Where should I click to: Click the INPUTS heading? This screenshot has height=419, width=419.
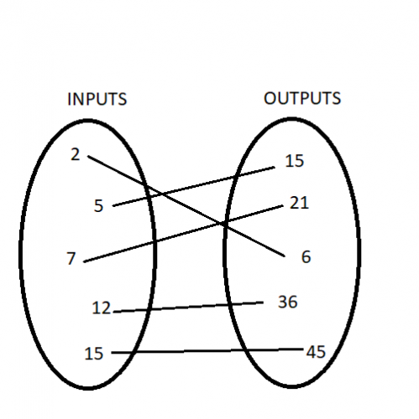coord(97,99)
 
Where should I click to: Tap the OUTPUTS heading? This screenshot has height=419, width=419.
coord(302,98)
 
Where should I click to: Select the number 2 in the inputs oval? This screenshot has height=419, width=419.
coord(75,154)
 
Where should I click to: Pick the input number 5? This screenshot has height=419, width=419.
coord(98,206)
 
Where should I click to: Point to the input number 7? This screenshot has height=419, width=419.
coord(71,258)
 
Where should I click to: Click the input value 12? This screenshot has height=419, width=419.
coord(102,308)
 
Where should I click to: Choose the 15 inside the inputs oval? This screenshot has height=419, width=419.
coord(94,353)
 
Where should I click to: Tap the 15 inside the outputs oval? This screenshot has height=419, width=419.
coord(294,161)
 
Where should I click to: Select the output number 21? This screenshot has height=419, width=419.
coord(299,203)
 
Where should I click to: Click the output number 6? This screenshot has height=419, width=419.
coord(306,256)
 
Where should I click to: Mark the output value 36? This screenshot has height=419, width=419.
coord(287,302)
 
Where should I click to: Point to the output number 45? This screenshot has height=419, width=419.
coord(316,352)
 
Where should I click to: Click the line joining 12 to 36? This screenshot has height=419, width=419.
coord(188,307)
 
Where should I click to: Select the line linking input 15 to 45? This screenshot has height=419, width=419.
coord(207,350)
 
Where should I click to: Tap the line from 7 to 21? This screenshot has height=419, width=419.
coord(183,234)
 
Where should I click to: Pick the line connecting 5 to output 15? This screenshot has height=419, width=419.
coord(194,187)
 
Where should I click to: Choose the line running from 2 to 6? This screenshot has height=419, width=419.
coord(186,206)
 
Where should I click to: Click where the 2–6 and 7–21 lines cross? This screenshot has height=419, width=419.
coord(222,224)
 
